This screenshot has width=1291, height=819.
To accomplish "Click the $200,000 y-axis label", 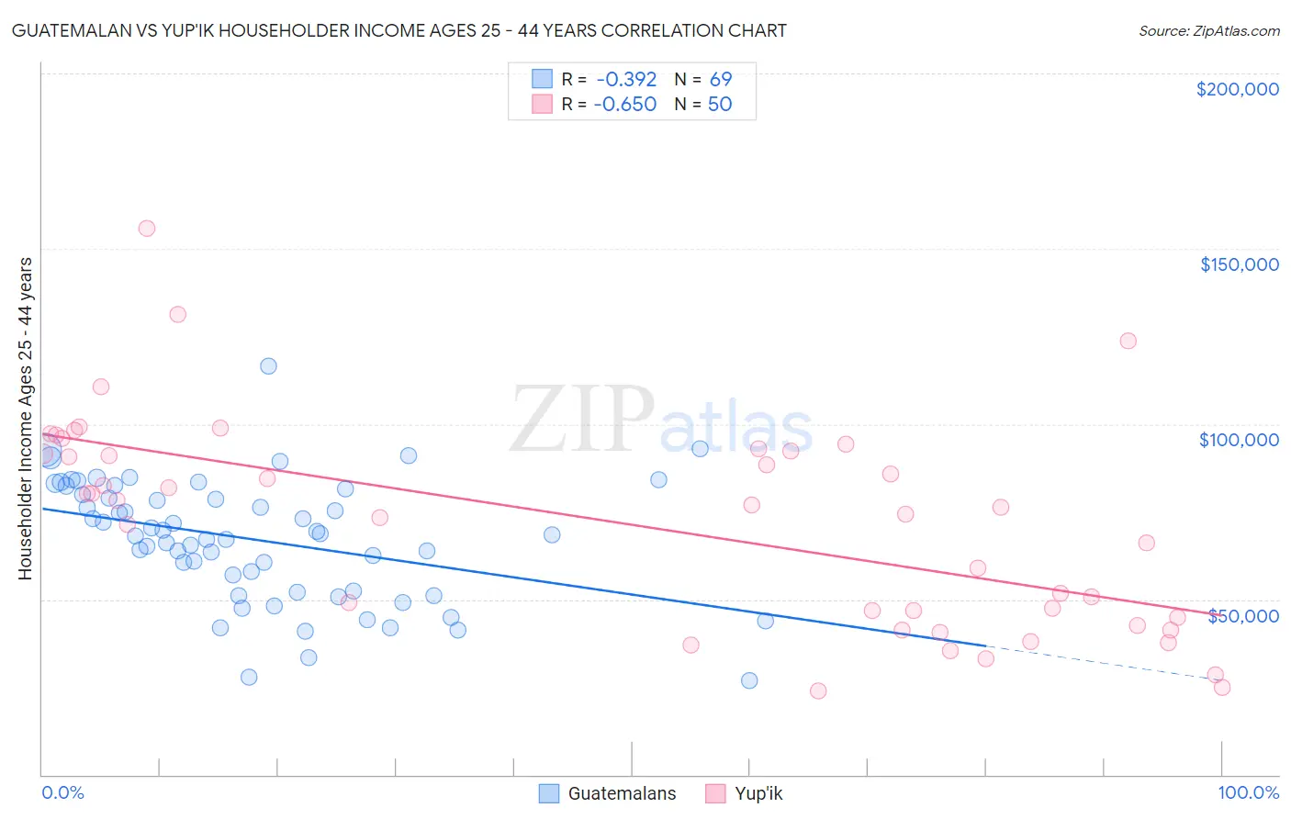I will [x=1237, y=89].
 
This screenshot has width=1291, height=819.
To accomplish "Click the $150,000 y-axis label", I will [x=1239, y=264].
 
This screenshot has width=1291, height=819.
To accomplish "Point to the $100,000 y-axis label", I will [x=1239, y=440].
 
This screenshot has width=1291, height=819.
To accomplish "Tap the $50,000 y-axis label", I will [x=1242, y=615].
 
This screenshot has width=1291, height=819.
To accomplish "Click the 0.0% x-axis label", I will [x=62, y=792].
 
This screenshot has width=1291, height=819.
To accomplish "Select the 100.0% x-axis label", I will [x=1248, y=792].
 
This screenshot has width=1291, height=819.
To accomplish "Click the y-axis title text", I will [x=25, y=419].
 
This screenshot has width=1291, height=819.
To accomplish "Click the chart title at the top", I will [x=399, y=30].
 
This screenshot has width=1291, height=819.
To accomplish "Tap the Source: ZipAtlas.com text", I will [x=1208, y=31].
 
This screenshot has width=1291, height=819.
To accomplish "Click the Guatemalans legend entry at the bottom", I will [x=607, y=793].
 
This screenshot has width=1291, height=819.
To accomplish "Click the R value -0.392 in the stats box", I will [x=625, y=80].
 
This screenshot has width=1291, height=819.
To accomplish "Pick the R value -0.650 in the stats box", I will [x=624, y=105].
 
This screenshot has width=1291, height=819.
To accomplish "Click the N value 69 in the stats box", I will [x=720, y=80].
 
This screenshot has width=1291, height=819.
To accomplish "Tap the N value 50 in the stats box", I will [x=719, y=105].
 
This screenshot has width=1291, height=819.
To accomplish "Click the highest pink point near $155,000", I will [x=147, y=229].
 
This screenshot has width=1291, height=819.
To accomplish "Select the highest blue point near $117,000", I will [x=268, y=366].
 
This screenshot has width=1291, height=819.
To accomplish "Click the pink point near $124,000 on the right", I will [x=1128, y=341].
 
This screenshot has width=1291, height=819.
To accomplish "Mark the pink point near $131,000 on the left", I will [x=178, y=314].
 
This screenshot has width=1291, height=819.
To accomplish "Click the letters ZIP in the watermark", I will [x=580, y=421].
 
